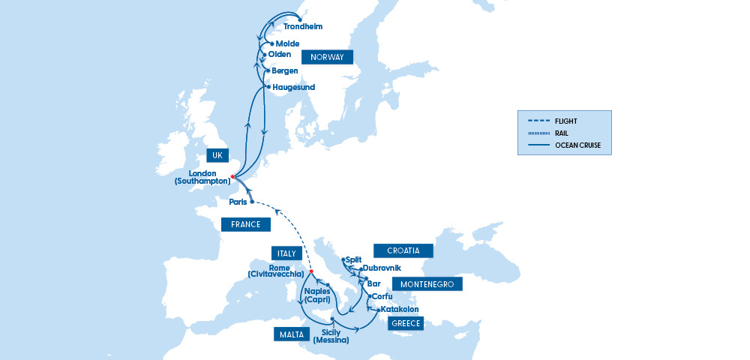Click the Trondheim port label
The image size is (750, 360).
[303, 26]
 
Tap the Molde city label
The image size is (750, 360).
[287, 43]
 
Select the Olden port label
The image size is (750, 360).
[279, 54]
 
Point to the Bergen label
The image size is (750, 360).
[285, 70]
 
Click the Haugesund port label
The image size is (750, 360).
[293, 87]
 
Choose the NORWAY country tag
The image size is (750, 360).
[326, 57]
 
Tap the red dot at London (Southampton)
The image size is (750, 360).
[233, 177]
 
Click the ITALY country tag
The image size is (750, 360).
[286, 253]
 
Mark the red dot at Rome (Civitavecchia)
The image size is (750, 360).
[311, 271]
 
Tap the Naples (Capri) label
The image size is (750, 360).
[317, 295]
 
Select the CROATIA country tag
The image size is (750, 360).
[403, 250]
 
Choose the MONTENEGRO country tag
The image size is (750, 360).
[427, 284]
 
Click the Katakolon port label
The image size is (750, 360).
[399, 309]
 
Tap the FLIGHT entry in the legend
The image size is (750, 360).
[566, 121]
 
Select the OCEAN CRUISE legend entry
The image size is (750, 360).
[578, 145]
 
